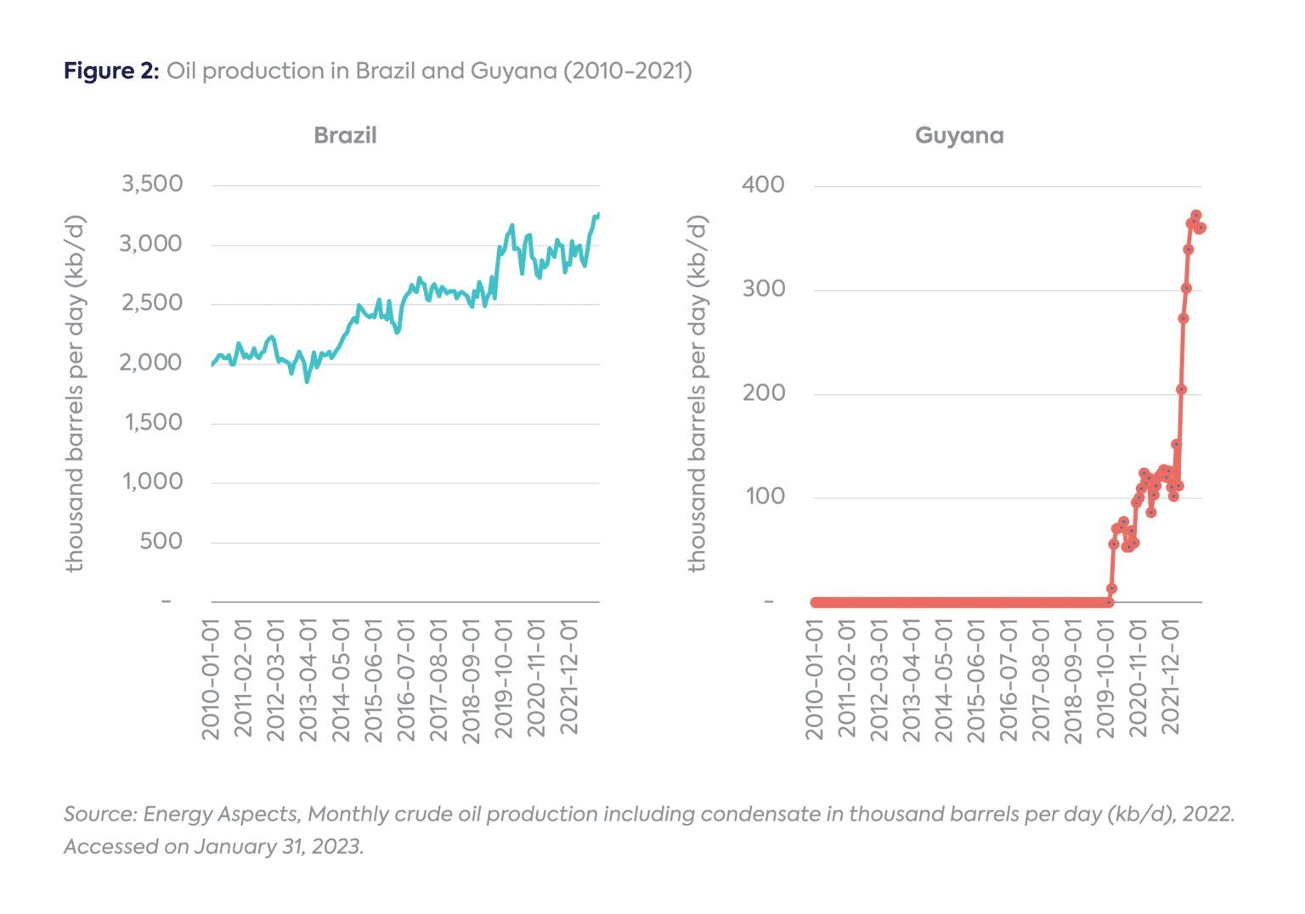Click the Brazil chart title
pyautogui.click(x=345, y=135)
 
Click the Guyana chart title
pyautogui.click(x=959, y=135)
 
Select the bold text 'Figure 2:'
pyautogui.click(x=111, y=71)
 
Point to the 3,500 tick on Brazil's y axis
pyautogui.click(x=152, y=183)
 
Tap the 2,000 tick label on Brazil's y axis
pyautogui.click(x=150, y=363)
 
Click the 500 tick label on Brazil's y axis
pyautogui.click(x=161, y=541)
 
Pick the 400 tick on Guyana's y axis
pyautogui.click(x=763, y=184)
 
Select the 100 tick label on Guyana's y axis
pyautogui.click(x=765, y=496)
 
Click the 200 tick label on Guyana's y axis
pyautogui.click(x=764, y=392)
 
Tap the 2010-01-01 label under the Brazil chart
pyautogui.click(x=211, y=679)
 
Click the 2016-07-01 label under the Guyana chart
pyautogui.click(x=1008, y=679)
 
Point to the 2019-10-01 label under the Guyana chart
pyautogui.click(x=1105, y=679)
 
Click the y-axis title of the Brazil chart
pyautogui.click(x=76, y=393)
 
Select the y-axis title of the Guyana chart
pyautogui.click(x=697, y=393)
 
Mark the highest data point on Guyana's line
pyautogui.click(x=1195, y=216)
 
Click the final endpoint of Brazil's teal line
pyautogui.click(x=599, y=214)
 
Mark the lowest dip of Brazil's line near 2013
pyautogui.click(x=307, y=381)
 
